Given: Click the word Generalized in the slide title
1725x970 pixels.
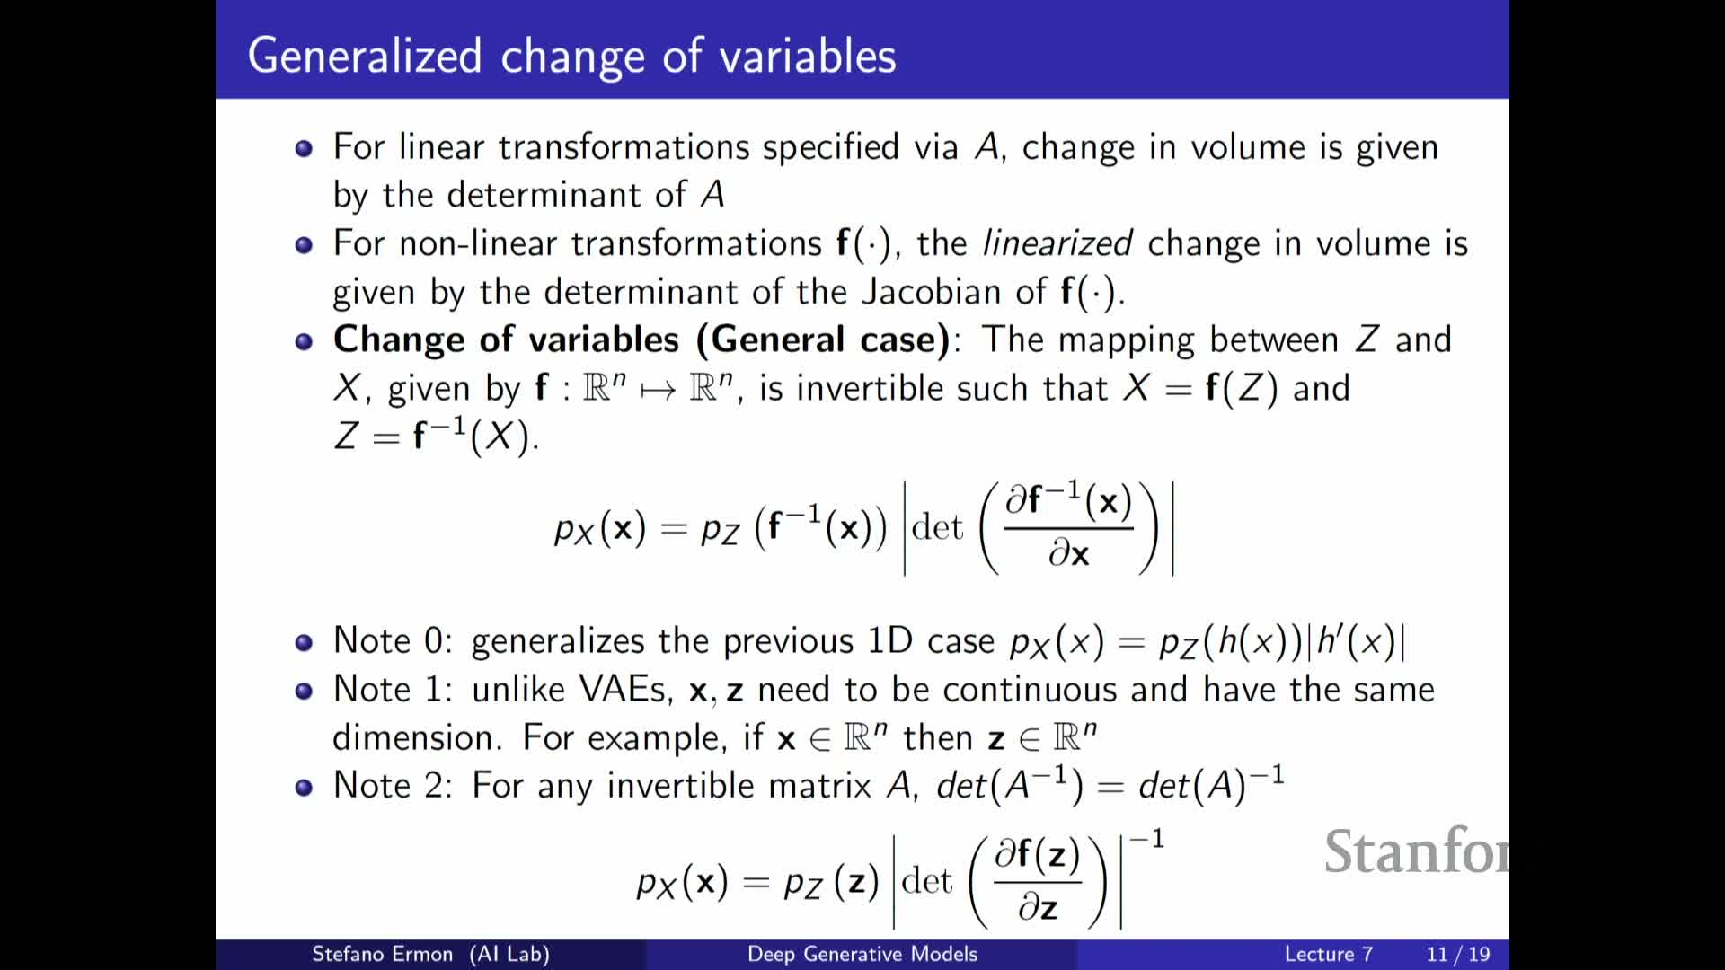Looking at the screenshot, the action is point(365,57).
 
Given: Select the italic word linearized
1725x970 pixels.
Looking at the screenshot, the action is point(1057,243).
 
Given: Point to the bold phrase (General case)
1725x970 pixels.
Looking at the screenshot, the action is point(822,339).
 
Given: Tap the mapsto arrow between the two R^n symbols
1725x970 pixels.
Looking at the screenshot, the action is point(658,391).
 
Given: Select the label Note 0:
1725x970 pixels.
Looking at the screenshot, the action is point(393,640).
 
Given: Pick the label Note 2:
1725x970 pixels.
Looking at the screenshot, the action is point(393,785).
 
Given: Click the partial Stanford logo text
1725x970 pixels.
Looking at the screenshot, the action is point(1416,851).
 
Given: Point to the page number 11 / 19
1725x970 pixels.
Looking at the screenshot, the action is point(1458,954).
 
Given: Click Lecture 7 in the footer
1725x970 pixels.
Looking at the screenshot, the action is point(1329,954).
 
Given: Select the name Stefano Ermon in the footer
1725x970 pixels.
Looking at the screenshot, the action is point(382,954).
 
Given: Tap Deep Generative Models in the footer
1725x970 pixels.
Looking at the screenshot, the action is point(862,954).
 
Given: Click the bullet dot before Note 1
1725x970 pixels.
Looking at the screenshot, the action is point(304,691).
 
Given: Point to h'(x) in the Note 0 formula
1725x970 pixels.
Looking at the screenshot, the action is point(1356,641).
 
